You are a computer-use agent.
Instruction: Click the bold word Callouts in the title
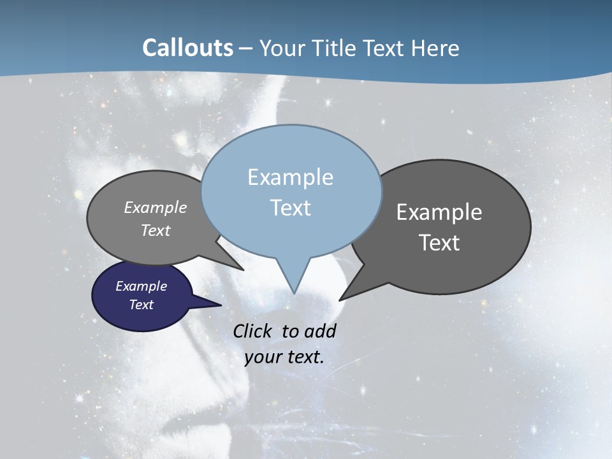tap(187, 48)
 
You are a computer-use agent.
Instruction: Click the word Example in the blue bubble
tap(290, 177)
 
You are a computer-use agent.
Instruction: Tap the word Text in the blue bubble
tap(290, 208)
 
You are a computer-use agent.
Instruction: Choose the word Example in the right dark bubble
tap(439, 212)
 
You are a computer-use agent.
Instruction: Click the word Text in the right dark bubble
tap(439, 243)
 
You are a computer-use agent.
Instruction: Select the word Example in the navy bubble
tap(142, 286)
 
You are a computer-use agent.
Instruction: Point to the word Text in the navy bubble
tap(142, 305)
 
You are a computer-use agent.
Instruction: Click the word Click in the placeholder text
tap(253, 331)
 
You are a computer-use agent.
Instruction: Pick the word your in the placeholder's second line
tap(263, 358)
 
